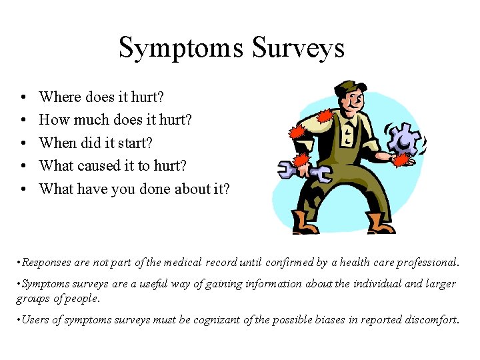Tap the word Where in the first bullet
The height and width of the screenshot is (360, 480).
click(x=60, y=97)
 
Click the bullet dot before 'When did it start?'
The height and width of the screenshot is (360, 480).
click(x=23, y=144)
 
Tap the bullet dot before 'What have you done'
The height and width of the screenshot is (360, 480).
click(x=23, y=189)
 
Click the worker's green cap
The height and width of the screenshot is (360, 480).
click(x=349, y=87)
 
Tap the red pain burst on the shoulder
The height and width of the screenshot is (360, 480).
click(x=325, y=117)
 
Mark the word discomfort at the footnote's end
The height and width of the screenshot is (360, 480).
click(x=430, y=319)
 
